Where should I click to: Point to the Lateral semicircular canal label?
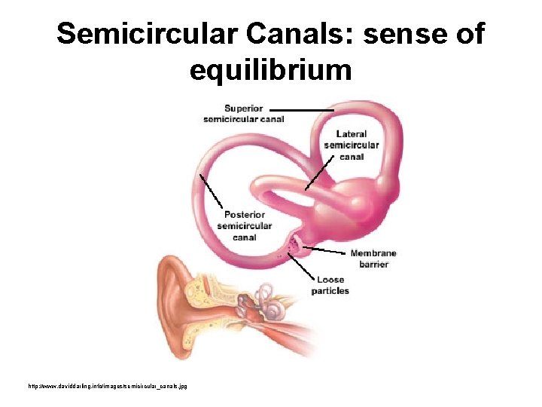coord(352,145)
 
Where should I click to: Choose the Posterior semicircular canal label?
coord(245,226)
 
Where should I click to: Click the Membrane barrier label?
coord(373,259)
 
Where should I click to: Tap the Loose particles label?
coord(330,285)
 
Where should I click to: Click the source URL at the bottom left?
coord(108,386)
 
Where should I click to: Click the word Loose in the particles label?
coord(330,280)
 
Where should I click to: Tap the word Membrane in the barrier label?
coord(373,253)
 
